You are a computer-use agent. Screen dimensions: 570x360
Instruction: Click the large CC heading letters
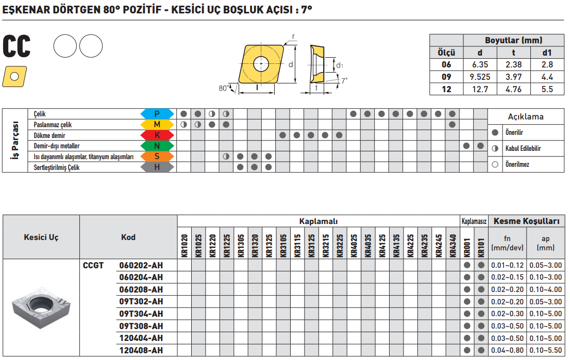click(x=16, y=46)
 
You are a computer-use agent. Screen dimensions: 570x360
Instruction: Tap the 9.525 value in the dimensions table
click(x=480, y=77)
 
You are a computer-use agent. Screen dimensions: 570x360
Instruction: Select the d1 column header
click(x=547, y=53)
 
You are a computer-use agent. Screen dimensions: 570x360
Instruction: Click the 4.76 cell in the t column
click(x=513, y=90)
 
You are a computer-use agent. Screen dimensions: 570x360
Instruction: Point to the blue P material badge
click(x=157, y=114)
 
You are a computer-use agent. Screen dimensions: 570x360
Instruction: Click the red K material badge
click(x=157, y=135)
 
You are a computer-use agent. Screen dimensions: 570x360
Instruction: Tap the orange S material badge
click(x=157, y=157)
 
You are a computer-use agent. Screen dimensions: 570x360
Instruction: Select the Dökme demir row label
click(x=49, y=135)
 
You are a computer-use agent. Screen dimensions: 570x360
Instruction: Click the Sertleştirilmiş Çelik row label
click(x=56, y=167)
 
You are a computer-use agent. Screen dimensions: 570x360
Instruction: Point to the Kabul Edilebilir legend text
click(x=523, y=148)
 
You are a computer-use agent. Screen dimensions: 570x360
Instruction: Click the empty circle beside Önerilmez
click(x=495, y=165)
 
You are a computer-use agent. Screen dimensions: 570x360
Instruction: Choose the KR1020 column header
click(x=185, y=246)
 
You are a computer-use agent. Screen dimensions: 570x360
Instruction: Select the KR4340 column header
click(x=452, y=246)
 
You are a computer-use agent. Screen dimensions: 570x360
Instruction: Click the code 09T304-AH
click(x=141, y=314)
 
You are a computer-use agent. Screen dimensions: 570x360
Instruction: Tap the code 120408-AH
click(x=141, y=351)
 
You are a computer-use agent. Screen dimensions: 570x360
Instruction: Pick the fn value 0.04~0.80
click(x=507, y=351)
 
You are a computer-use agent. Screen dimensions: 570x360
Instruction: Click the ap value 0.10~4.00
click(x=545, y=289)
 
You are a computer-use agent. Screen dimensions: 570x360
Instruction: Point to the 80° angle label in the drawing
click(x=224, y=88)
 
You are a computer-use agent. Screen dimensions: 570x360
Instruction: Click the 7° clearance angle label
click(x=344, y=81)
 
